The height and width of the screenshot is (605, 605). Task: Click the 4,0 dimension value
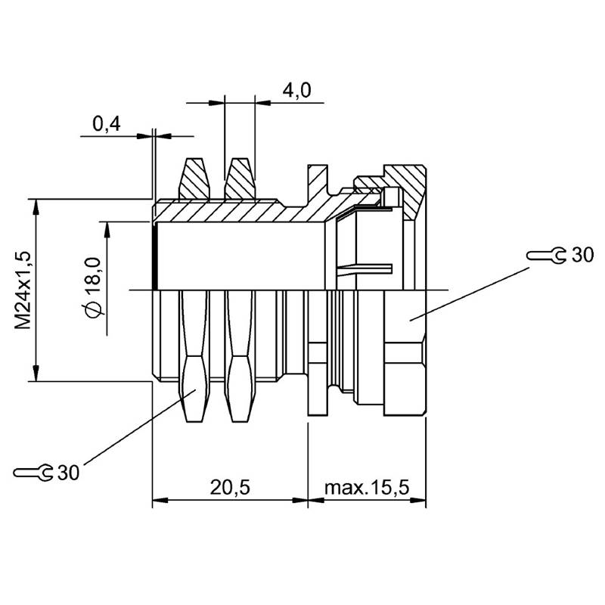(296, 91)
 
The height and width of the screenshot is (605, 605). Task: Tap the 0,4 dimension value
(107, 124)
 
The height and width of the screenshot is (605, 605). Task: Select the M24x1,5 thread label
(23, 290)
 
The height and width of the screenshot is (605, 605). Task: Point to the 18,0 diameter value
(92, 275)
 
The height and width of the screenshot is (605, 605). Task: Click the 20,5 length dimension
(230, 487)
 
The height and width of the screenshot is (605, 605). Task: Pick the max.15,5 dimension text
(367, 487)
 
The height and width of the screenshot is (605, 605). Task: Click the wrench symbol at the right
(546, 256)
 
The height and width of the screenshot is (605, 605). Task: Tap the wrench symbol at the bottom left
(33, 472)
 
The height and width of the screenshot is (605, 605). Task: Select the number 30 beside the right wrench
(582, 255)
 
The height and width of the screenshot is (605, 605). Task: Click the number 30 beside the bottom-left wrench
(68, 472)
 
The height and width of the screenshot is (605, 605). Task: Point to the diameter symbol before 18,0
(92, 309)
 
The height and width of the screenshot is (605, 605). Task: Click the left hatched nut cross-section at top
(194, 178)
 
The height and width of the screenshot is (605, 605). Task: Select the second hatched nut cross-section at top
(240, 178)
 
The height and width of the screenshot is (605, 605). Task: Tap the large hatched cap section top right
(405, 189)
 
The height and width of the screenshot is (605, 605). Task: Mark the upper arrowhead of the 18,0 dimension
(107, 230)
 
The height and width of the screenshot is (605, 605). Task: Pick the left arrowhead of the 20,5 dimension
(160, 501)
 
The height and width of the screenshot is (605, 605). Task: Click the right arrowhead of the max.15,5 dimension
(418, 501)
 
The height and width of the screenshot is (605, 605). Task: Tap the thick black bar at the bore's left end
(155, 257)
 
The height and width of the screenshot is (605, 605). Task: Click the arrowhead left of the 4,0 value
(216, 103)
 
